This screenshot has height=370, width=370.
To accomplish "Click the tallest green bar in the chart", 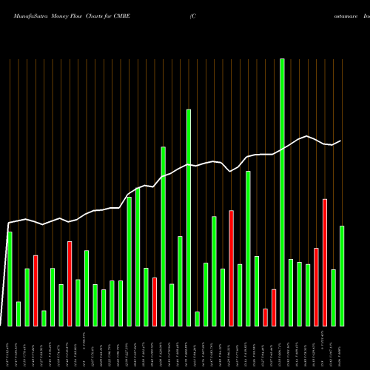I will pyautogui.click(x=282, y=192).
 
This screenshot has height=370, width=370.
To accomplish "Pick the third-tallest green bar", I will pyautogui.click(x=163, y=237).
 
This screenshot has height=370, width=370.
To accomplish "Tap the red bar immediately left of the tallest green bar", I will pyautogui.click(x=274, y=308).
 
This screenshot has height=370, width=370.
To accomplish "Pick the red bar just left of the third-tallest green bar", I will pyautogui.click(x=155, y=302).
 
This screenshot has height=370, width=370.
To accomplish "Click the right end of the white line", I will pyautogui.click(x=341, y=141).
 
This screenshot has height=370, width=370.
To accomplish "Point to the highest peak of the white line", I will pyautogui.click(x=307, y=135).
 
